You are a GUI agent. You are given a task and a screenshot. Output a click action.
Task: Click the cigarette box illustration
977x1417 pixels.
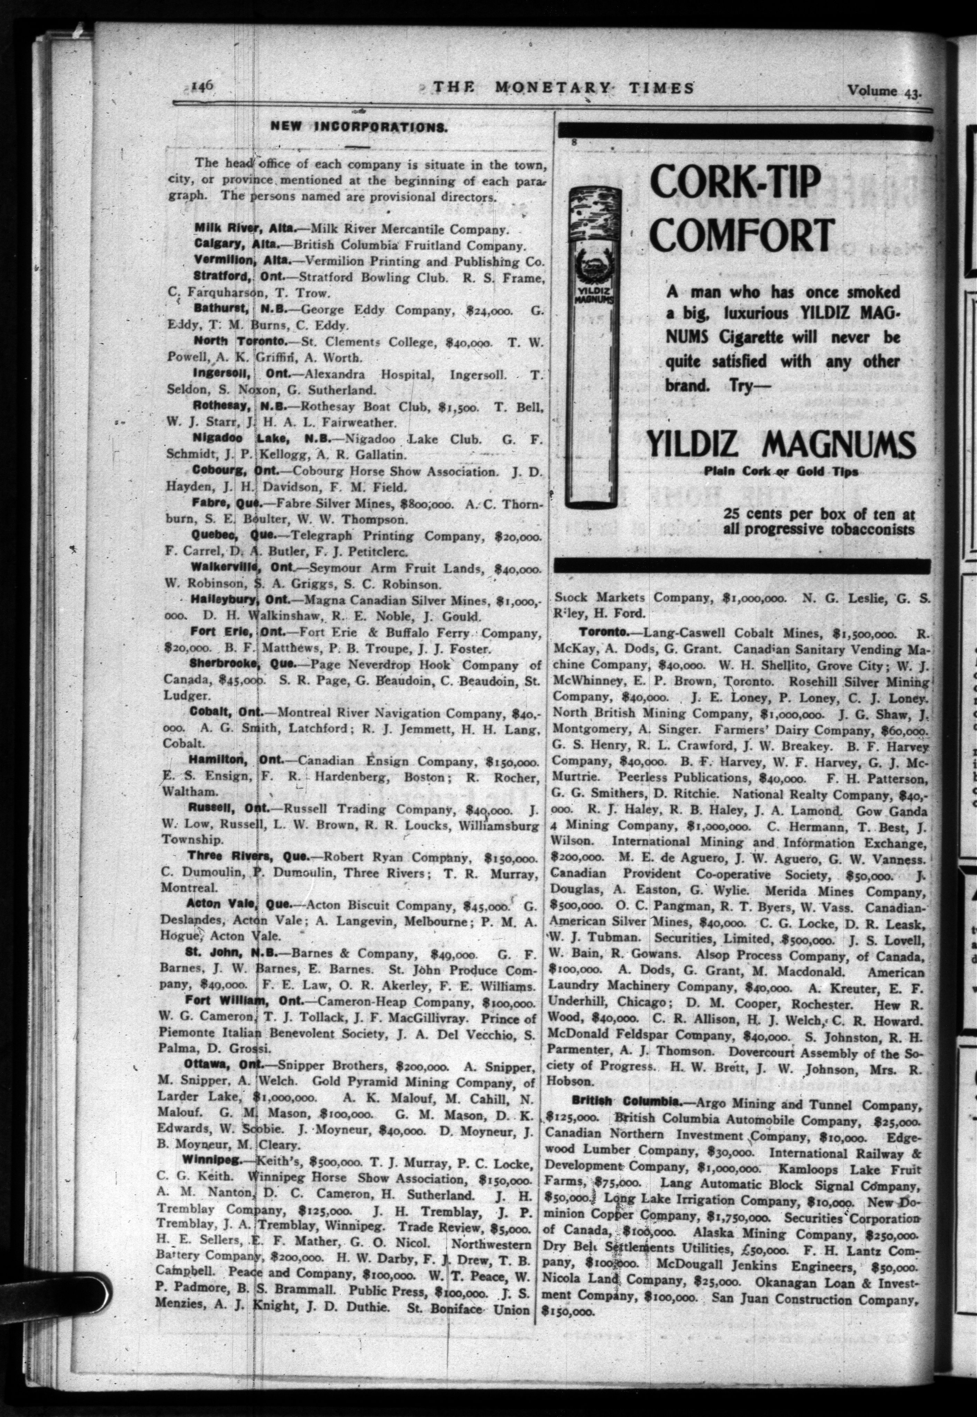coord(591,349)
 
